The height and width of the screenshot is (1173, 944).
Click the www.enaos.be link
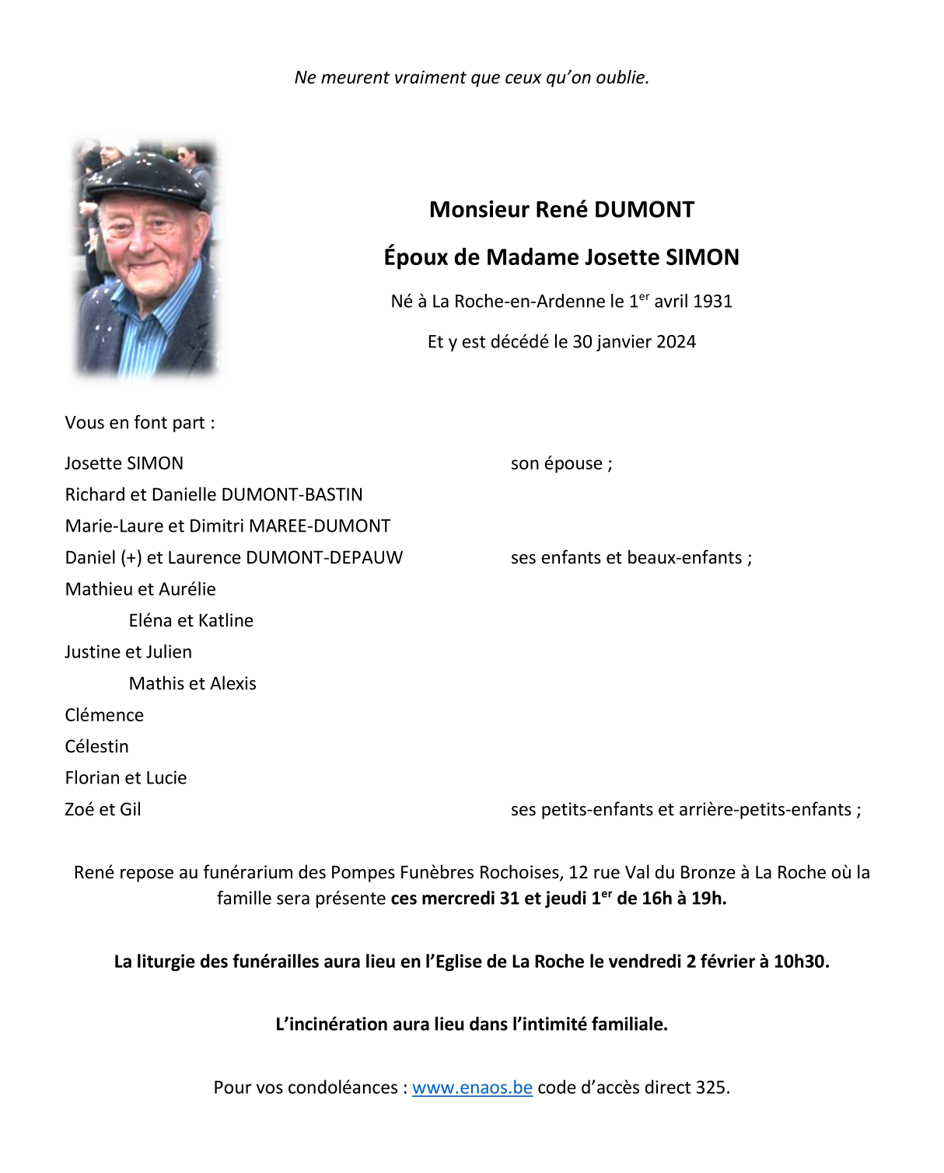click(x=472, y=1087)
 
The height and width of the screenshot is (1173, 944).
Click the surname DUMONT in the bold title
click(x=644, y=210)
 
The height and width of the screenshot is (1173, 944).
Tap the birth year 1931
click(x=712, y=302)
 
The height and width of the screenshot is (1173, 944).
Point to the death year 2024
click(x=675, y=342)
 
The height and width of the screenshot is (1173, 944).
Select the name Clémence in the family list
click(x=104, y=715)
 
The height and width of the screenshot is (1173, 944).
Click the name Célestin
click(x=97, y=747)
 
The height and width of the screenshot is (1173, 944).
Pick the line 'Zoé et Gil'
click(x=103, y=810)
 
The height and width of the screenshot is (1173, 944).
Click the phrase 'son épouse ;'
click(x=561, y=464)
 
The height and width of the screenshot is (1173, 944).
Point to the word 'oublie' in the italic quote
click(x=621, y=78)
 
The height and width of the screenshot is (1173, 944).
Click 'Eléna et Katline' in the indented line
click(x=191, y=621)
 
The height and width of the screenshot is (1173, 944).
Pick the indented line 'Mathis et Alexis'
click(x=193, y=684)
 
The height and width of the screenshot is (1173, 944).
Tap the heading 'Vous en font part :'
click(x=140, y=423)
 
